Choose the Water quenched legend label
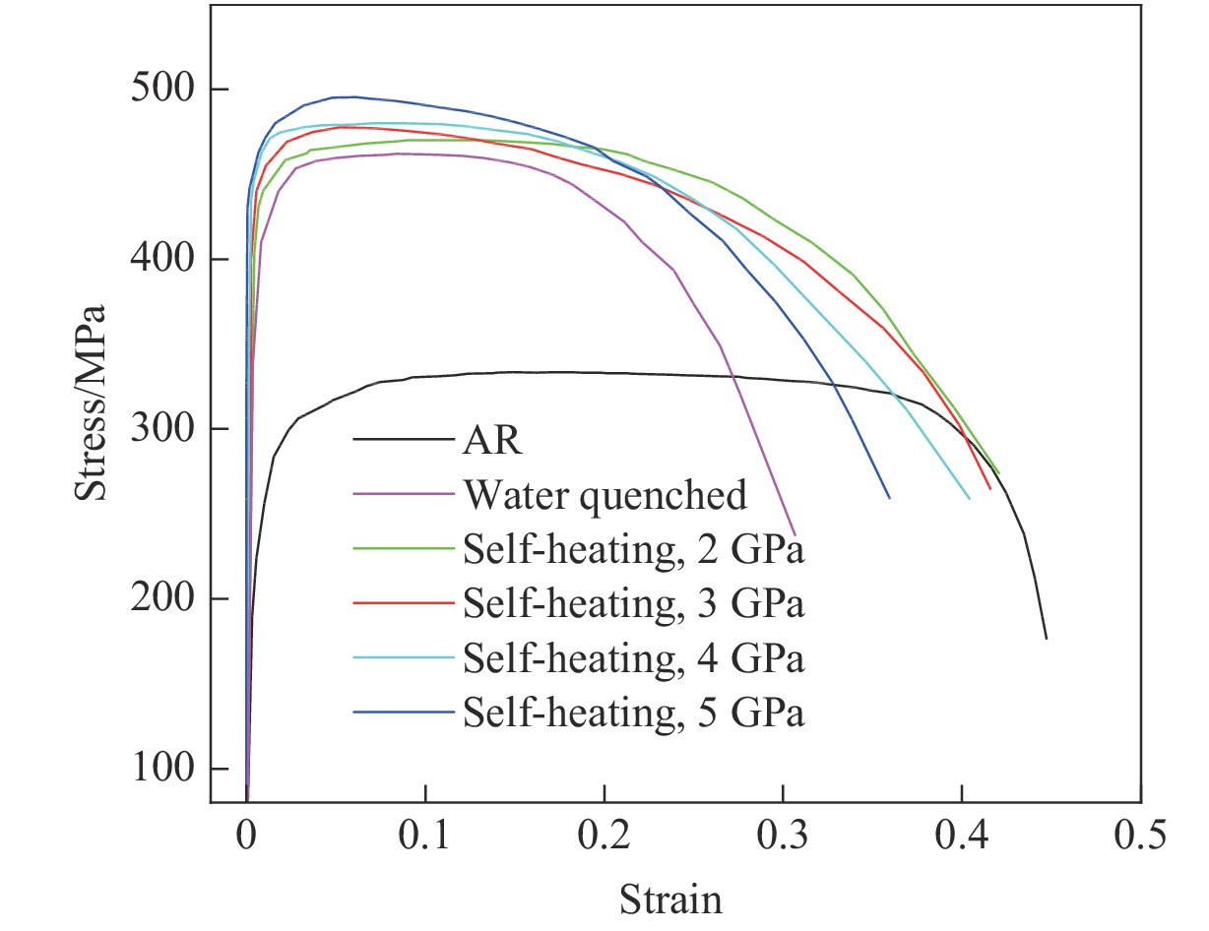(x=604, y=495)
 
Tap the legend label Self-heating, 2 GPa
(x=633, y=550)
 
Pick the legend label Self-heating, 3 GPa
(x=633, y=604)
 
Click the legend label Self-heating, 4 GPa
(x=633, y=658)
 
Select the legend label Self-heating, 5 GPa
(x=633, y=713)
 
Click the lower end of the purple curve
(x=794, y=533)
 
